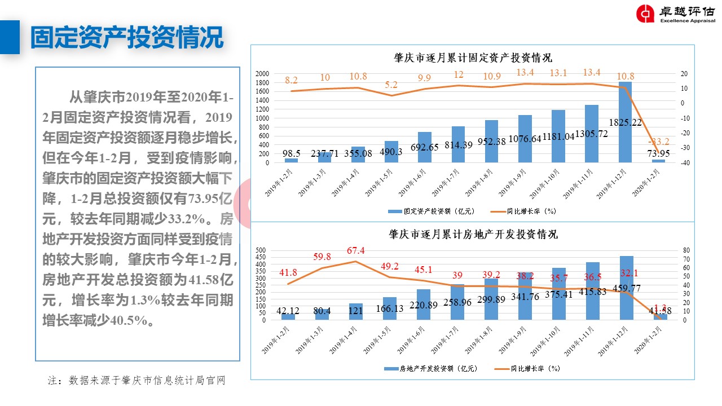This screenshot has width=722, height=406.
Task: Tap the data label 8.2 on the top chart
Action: pos(291,81)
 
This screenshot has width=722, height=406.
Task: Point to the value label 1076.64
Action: pos(525,139)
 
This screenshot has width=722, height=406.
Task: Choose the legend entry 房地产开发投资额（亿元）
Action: pos(431,369)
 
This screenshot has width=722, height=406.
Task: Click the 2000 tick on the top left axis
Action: pos(262,74)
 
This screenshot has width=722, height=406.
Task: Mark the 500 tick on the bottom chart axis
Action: pos(261,250)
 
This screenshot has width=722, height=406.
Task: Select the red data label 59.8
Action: pos(322,257)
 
